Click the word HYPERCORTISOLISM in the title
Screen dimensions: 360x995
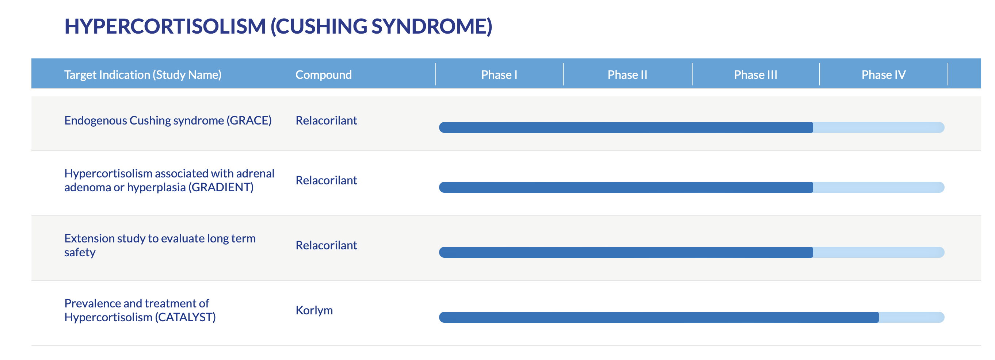[x=165, y=26]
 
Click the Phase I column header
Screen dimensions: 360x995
[x=499, y=74]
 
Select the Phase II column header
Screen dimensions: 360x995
[x=627, y=74]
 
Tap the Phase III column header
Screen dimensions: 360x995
[x=755, y=74]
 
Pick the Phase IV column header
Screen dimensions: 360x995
[x=883, y=74]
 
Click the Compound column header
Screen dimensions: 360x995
[x=323, y=74]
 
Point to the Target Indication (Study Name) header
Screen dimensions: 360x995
[x=142, y=74]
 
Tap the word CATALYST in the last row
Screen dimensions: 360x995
[x=185, y=317]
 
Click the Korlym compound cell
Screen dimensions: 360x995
[x=314, y=310]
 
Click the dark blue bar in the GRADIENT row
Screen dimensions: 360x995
[x=626, y=187]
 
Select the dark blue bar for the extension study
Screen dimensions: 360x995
[x=626, y=252]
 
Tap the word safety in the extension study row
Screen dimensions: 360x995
[x=80, y=253]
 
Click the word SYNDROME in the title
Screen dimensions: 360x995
[x=428, y=26]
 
